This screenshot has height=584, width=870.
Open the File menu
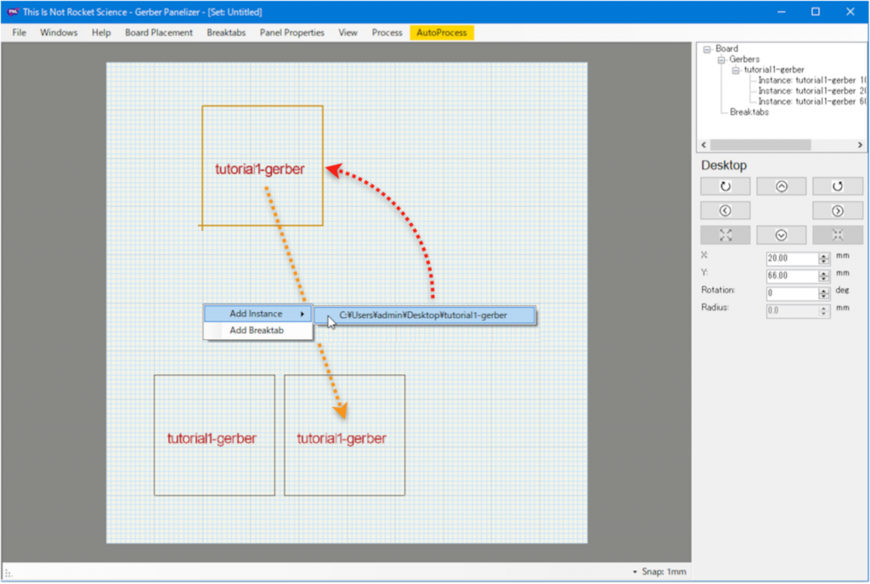[19, 33]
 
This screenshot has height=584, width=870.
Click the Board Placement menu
[159, 33]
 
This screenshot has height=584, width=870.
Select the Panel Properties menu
[292, 33]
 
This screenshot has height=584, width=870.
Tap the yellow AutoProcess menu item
[442, 33]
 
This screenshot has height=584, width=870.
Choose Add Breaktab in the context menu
[257, 331]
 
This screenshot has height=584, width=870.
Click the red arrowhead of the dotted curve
[334, 170]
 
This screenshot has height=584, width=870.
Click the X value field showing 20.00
[793, 258]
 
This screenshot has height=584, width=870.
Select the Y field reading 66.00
[793, 275]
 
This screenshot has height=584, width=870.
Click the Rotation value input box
[793, 293]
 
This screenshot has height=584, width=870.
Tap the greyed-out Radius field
[793, 311]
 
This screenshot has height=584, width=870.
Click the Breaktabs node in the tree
[749, 112]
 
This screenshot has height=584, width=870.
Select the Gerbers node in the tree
[744, 60]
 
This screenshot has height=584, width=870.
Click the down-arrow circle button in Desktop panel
[782, 235]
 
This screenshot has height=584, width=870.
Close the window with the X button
[850, 12]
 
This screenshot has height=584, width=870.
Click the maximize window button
[816, 12]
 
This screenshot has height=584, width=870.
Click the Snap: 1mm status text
[664, 572]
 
